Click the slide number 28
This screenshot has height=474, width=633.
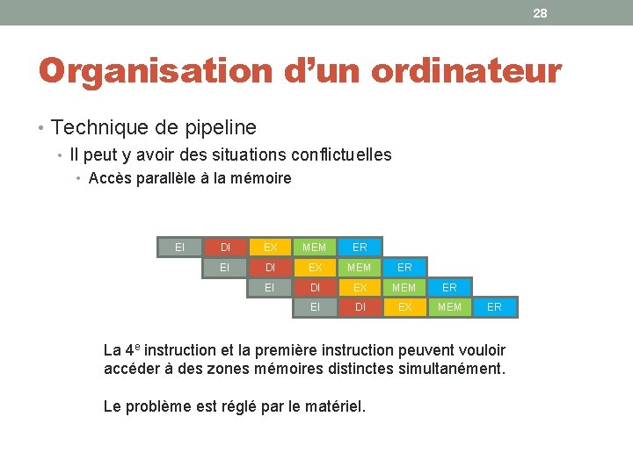pos(540,13)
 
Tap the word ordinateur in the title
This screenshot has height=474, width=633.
pos(466,71)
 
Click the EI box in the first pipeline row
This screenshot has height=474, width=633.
pos(180,248)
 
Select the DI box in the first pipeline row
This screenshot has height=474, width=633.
pos(226,248)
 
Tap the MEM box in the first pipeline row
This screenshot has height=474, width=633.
pos(314,248)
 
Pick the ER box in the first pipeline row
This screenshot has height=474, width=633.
pos(360,248)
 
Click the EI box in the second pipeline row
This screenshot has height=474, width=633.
pos(225,267)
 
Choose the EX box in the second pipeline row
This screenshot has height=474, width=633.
pos(314,267)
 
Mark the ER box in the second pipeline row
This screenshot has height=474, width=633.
pos(404,267)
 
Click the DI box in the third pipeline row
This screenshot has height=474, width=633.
pos(315,287)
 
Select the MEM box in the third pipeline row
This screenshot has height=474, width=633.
pos(404,287)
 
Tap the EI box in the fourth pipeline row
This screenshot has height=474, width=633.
pos(315,306)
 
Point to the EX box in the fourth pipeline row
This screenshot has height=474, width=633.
pos(404,306)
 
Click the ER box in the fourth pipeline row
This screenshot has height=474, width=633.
pos(494,306)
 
